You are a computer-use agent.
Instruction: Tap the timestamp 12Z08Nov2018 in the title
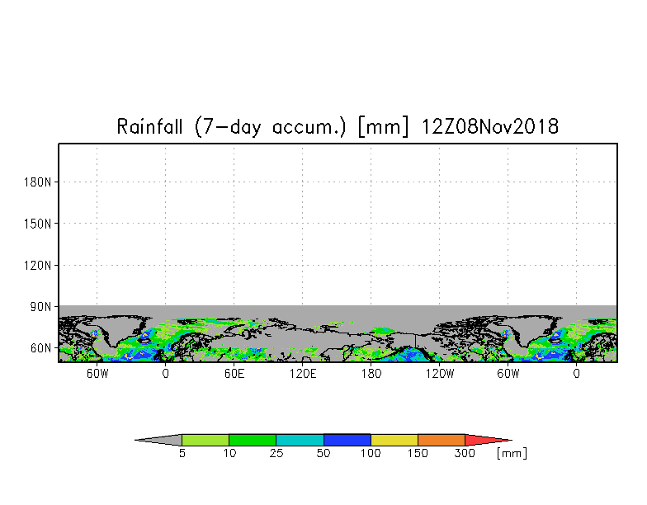click(x=490, y=127)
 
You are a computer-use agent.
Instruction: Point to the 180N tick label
click(x=39, y=182)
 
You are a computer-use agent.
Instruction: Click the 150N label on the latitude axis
click(x=39, y=224)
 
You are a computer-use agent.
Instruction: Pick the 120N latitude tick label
click(x=39, y=266)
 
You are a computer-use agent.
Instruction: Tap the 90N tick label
click(x=41, y=307)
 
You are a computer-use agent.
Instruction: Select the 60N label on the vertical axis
click(x=41, y=349)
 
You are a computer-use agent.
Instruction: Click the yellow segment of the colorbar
click(x=394, y=440)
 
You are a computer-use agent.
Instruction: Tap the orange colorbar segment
click(x=442, y=440)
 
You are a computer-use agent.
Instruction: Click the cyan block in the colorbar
click(x=300, y=440)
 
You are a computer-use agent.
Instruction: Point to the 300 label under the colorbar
click(x=465, y=454)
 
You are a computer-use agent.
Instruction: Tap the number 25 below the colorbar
click(x=276, y=454)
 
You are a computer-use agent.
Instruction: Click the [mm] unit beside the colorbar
click(x=512, y=453)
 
